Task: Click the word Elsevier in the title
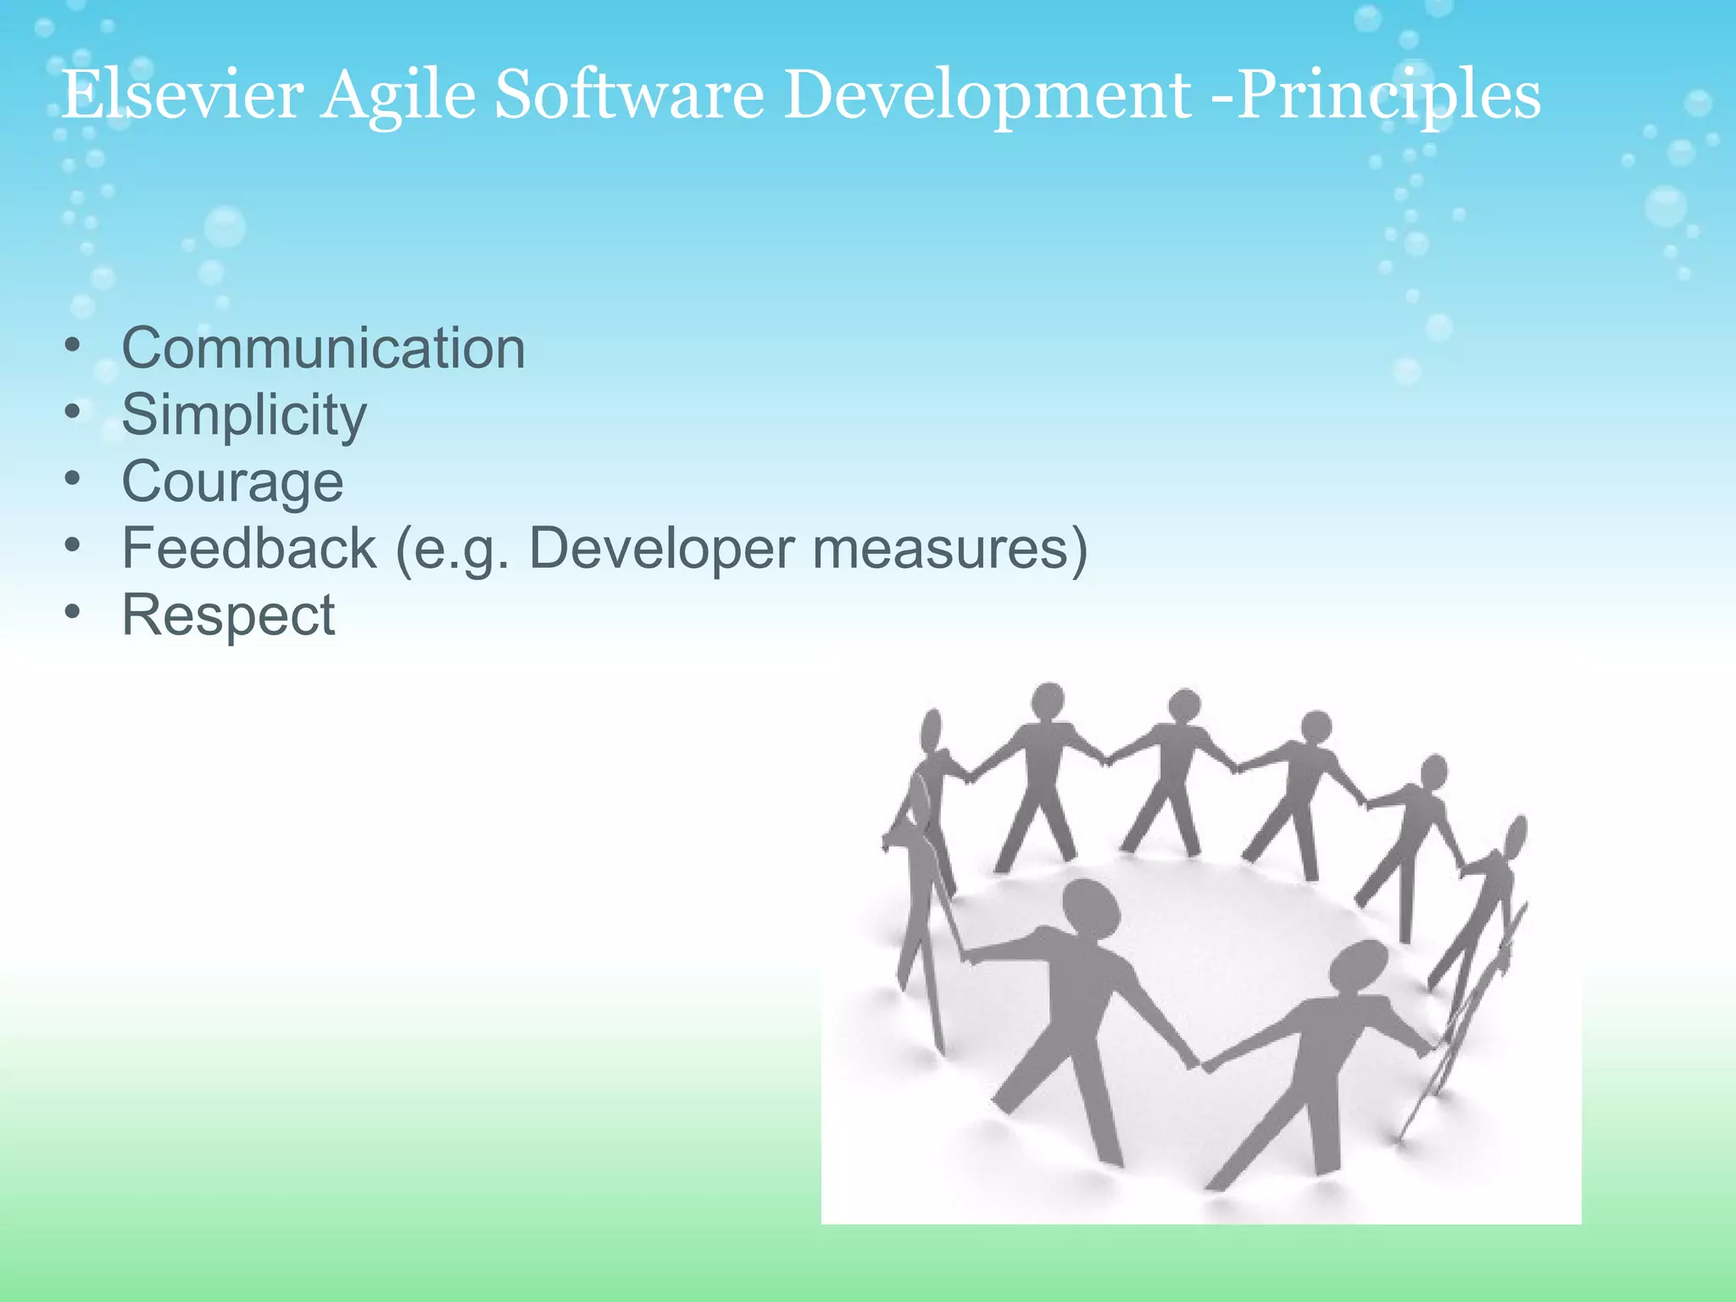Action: click(182, 95)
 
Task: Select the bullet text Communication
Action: click(323, 348)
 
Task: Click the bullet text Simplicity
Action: click(244, 415)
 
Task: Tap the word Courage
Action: click(232, 482)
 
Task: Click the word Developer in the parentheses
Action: click(661, 549)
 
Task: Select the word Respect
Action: click(228, 615)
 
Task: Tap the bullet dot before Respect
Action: click(73, 611)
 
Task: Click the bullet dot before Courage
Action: click(73, 478)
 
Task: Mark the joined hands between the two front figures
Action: click(1197, 1063)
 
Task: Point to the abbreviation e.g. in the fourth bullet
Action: click(453, 549)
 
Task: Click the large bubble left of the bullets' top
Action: click(225, 227)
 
